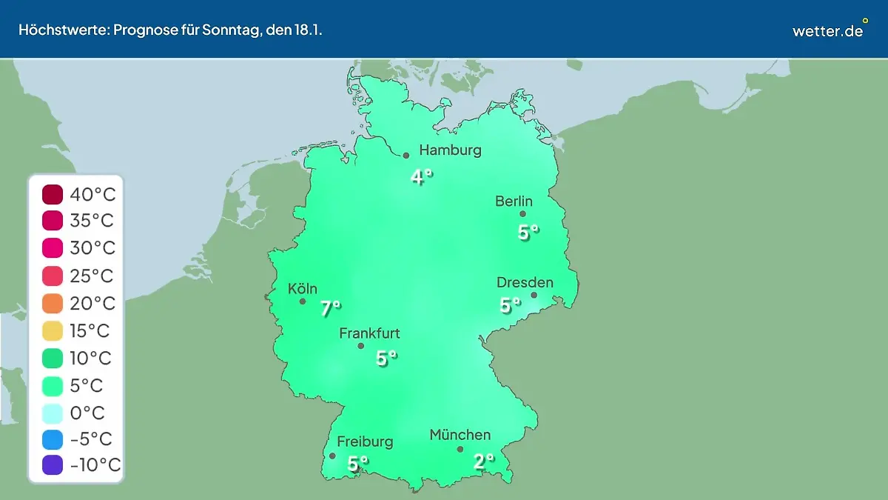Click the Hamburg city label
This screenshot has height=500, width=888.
(x=450, y=150)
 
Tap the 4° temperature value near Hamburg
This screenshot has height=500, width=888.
(x=421, y=177)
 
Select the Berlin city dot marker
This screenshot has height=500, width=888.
(x=522, y=214)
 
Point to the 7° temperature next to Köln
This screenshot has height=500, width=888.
(x=330, y=308)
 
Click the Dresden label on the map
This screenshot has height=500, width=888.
(x=525, y=283)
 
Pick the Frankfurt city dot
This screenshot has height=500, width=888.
(x=361, y=346)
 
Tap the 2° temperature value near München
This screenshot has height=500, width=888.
(x=483, y=461)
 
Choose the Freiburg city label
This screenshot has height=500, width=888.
(x=365, y=442)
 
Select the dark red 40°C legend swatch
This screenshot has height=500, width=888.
(x=53, y=196)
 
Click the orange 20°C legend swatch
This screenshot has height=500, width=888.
(x=53, y=304)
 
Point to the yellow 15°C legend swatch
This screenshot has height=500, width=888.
(x=53, y=331)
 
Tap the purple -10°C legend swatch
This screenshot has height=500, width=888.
(x=53, y=466)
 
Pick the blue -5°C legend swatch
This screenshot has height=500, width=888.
(x=53, y=439)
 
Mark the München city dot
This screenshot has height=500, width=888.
(x=460, y=449)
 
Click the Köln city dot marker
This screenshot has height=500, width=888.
(x=303, y=301)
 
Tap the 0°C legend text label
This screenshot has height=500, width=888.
(x=87, y=413)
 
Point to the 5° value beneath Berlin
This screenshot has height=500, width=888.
(x=528, y=232)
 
